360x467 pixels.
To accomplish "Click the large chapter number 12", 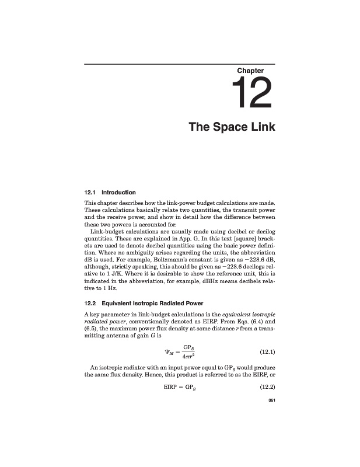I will coord(252,95).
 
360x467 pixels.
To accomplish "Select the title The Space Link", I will coord(232,127).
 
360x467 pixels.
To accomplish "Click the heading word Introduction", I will coord(118,192).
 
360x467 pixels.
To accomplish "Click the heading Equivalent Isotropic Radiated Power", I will coord(152,304).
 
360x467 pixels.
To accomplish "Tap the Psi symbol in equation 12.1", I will coord(169,351).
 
